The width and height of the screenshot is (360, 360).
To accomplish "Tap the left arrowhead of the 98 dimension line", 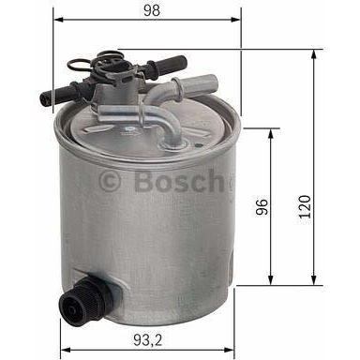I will (x=55, y=19).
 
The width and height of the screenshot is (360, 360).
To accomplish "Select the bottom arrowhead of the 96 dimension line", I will (x=272, y=283).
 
